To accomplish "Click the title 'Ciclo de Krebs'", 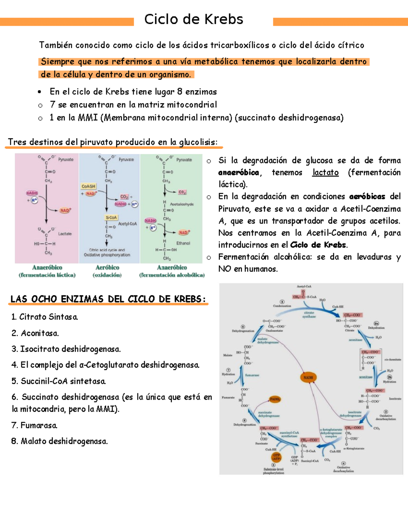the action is point(193,19).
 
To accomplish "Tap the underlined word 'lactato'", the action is point(325,173).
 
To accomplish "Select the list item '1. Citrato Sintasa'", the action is point(45,317).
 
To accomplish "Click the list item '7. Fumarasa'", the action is point(34,425).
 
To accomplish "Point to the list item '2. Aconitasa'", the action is point(35,333).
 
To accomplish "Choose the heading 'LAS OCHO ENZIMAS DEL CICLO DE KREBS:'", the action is point(108,299).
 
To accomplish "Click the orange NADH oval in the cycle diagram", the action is point(308,377).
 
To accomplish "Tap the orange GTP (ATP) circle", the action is point(276,457).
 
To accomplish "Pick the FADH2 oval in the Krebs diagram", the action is point(275,399).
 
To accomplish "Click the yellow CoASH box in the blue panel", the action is point(88,186).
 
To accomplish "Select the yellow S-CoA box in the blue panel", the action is point(111,217).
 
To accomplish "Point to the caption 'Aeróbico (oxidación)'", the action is point(107,271).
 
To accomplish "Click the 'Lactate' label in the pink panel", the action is point(65,234).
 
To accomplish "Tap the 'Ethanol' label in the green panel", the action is point(183,243).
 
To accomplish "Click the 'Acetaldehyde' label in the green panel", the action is point(182,204).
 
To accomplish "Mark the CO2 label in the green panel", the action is point(182,192).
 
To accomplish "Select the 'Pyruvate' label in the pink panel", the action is point(66,159).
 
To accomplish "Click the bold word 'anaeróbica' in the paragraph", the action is point(239,173).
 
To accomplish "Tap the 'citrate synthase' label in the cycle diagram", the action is point(309,314).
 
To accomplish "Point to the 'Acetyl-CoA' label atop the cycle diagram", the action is point(304,287).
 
